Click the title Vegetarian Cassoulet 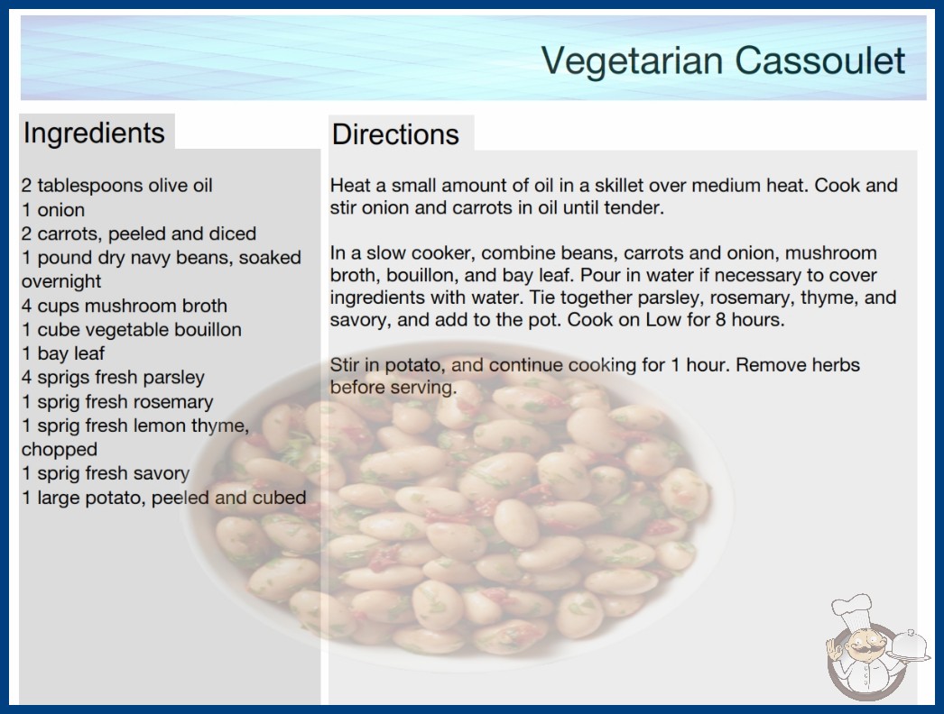click(x=723, y=60)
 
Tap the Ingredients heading click(x=94, y=133)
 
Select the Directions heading click(x=395, y=134)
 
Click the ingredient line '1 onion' click(x=53, y=210)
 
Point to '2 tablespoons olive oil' click(x=116, y=186)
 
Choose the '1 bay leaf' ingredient click(x=63, y=353)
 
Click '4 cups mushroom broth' click(x=125, y=306)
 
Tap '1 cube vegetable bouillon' click(x=132, y=330)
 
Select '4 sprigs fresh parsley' click(x=113, y=378)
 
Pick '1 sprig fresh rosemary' click(x=117, y=402)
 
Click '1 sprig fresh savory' click(x=106, y=473)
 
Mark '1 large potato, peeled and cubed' click(x=163, y=498)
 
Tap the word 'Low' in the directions click(x=664, y=319)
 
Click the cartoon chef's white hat click(x=853, y=611)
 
